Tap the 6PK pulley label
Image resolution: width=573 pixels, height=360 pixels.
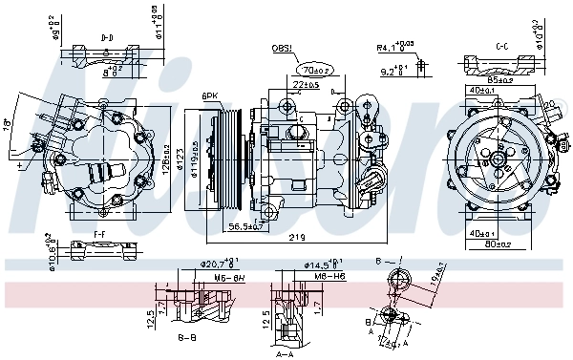tap(210, 95)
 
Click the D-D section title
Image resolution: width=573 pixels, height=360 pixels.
tap(109, 38)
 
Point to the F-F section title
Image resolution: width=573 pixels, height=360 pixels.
tap(99, 233)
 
